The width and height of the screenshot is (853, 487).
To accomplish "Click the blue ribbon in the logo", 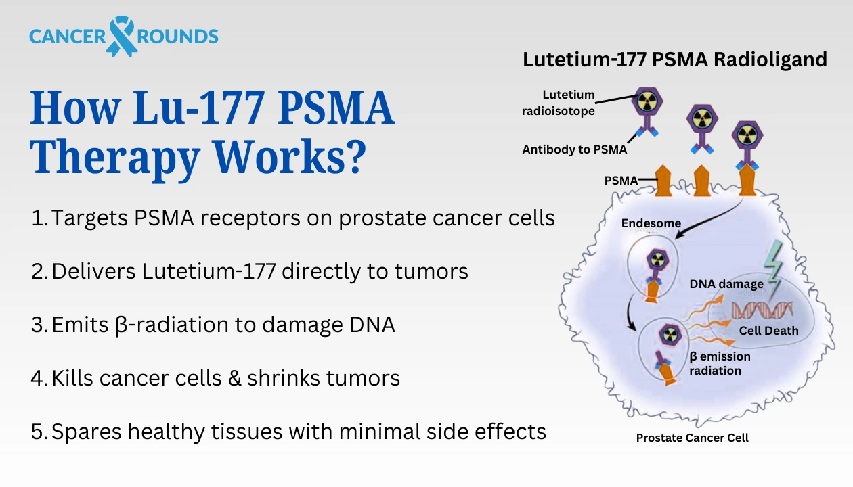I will [x=123, y=36].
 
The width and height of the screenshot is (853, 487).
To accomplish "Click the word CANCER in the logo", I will [x=67, y=36].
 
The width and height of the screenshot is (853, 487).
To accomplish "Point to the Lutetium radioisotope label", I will [x=569, y=103].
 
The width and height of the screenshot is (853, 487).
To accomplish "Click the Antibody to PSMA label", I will [x=575, y=150].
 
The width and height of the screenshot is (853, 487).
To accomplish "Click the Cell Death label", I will [x=768, y=331].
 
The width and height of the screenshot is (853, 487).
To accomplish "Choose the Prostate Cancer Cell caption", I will [x=692, y=438].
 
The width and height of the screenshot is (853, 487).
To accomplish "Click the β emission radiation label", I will [x=720, y=363].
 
